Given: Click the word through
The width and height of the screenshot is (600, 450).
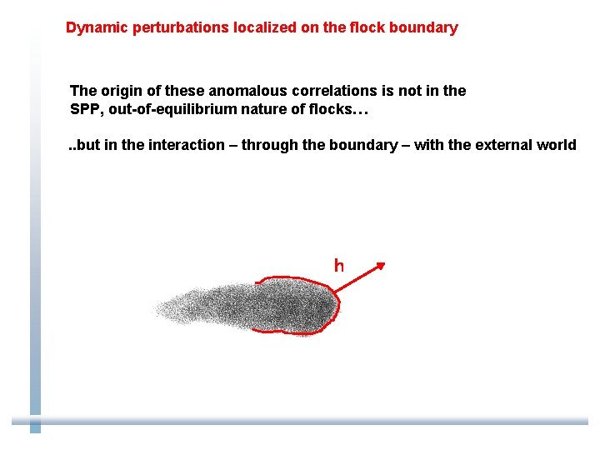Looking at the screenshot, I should point(268,145).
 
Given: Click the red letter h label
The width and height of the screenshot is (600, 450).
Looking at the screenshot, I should point(338,266).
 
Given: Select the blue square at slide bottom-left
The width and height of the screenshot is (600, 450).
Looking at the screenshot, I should point(35,427).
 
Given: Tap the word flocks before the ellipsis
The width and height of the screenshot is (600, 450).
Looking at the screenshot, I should point(330,109).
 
